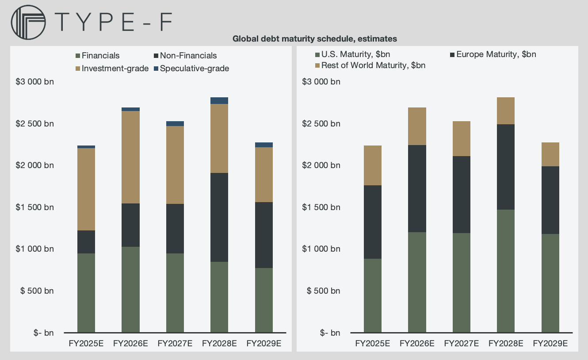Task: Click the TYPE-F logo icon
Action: pyautogui.click(x=28, y=22)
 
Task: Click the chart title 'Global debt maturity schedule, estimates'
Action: pyautogui.click(x=314, y=39)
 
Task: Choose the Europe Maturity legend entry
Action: pyautogui.click(x=493, y=54)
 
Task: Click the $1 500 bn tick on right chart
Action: pyautogui.click(x=321, y=207)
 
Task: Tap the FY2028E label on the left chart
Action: pyautogui.click(x=219, y=343)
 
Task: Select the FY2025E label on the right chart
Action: pyautogui.click(x=373, y=343)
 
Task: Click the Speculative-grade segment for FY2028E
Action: pyautogui.click(x=219, y=100)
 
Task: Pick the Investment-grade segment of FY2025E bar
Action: pyautogui.click(x=86, y=189)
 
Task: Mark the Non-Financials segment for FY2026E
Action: pyautogui.click(x=130, y=225)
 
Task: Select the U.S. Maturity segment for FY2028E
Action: pyautogui.click(x=506, y=271)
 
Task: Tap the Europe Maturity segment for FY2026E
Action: pyautogui.click(x=417, y=188)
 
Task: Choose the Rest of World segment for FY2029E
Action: pyautogui.click(x=550, y=154)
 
